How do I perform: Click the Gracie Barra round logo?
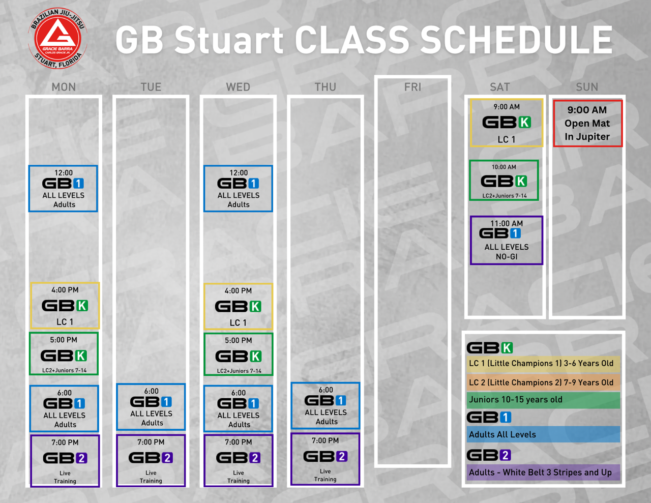(57, 38)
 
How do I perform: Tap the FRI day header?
(412, 87)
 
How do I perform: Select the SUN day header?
(587, 87)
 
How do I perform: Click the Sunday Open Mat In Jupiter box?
(587, 123)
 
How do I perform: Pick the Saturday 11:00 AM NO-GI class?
(506, 240)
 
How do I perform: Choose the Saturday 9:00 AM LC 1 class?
(506, 123)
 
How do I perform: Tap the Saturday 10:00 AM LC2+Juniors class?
(504, 181)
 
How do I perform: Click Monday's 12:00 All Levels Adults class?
(63, 189)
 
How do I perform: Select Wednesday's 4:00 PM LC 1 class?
(238, 306)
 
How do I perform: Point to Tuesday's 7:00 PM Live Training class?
(151, 460)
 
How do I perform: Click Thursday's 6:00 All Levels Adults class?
(325, 405)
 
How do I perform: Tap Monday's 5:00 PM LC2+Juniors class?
(64, 353)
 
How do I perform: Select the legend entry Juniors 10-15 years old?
(543, 400)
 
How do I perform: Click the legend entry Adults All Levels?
(543, 434)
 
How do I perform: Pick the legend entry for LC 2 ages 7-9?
(543, 382)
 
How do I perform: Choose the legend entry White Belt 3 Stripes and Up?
(543, 472)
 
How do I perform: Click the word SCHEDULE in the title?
(517, 40)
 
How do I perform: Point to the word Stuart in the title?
(229, 40)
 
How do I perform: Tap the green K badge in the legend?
(507, 348)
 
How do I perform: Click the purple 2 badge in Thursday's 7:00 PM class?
(341, 456)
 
